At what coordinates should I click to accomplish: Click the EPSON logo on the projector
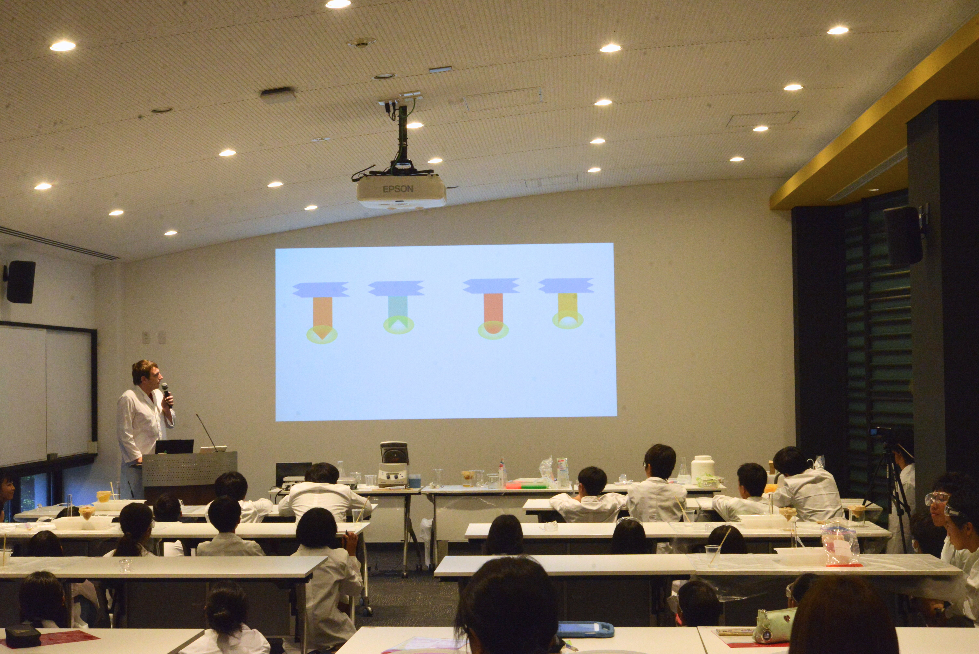point(398,189)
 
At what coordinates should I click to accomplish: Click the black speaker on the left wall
point(20,282)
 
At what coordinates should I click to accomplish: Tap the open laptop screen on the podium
point(174,446)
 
